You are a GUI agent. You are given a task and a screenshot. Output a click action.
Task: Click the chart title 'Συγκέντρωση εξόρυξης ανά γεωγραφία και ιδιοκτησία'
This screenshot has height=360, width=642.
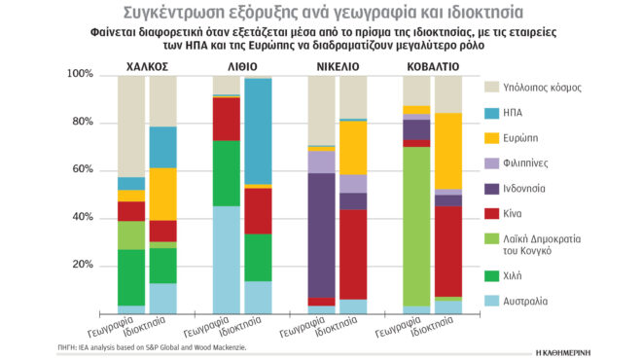pyautogui.click(x=321, y=13)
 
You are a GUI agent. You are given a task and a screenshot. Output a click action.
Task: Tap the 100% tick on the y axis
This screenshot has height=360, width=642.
pyautogui.click(x=81, y=75)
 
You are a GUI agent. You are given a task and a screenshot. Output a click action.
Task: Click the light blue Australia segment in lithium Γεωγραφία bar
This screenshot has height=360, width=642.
pyautogui.click(x=227, y=259)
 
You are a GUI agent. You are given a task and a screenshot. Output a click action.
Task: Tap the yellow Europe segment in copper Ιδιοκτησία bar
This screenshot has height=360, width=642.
pyautogui.click(x=162, y=195)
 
